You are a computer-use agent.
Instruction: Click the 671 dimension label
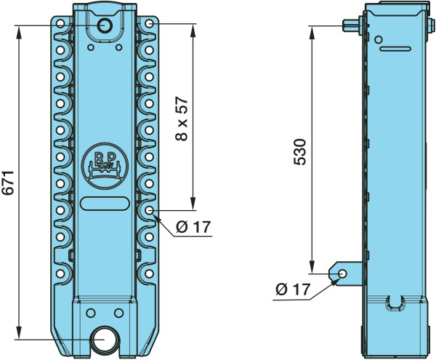pyautogui.click(x=8, y=183)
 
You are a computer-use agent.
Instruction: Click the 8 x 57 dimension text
pyautogui.click(x=182, y=119)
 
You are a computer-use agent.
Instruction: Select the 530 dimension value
pyautogui.click(x=300, y=152)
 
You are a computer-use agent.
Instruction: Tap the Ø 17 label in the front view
pyautogui.click(x=193, y=227)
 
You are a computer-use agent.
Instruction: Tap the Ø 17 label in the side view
pyautogui.click(x=293, y=289)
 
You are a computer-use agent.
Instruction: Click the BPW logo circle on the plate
pyautogui.click(x=105, y=166)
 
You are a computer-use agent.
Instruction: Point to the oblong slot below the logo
pyautogui.click(x=105, y=204)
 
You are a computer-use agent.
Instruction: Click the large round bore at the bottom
pyautogui.click(x=105, y=340)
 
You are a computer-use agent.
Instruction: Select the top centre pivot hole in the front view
pyautogui.click(x=105, y=25)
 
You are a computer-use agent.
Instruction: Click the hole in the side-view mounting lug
pyautogui.click(x=342, y=273)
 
